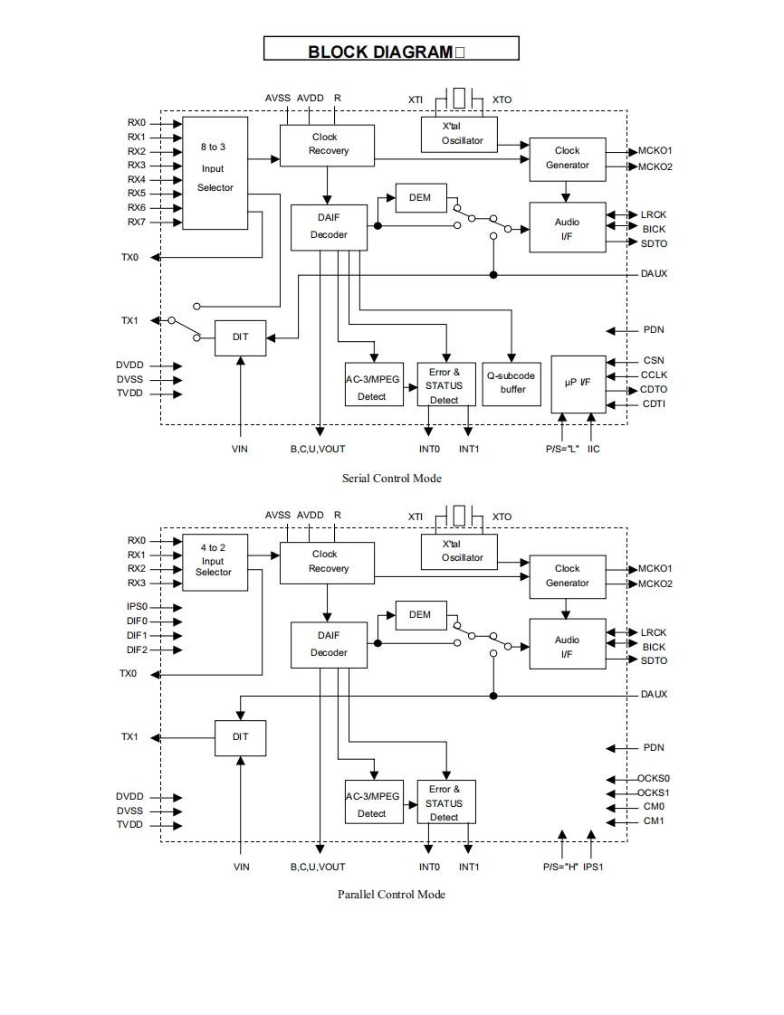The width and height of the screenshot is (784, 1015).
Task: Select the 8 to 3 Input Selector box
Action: tap(215, 172)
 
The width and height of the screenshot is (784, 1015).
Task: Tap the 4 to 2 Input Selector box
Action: tap(214, 562)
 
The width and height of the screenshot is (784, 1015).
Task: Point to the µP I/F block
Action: tap(578, 384)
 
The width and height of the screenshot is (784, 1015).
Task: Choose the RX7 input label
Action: tap(136, 222)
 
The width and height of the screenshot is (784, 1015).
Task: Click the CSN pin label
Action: tap(654, 360)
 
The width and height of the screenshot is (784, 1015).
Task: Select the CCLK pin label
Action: tap(655, 375)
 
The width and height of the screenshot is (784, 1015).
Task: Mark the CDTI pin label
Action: tap(654, 403)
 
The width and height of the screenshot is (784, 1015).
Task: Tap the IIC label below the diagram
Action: tap(593, 449)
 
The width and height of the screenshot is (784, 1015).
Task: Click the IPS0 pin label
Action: tap(137, 607)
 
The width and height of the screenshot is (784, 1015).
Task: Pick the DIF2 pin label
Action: tap(137, 650)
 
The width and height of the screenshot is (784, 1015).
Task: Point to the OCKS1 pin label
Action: tap(654, 792)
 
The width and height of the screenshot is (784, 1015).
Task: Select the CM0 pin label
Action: tap(654, 807)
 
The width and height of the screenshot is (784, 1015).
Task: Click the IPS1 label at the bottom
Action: tap(593, 867)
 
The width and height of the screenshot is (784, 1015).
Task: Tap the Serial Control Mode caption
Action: tap(391, 478)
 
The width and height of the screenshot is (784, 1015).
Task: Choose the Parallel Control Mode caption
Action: tap(391, 894)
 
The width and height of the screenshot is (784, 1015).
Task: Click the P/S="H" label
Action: tap(560, 867)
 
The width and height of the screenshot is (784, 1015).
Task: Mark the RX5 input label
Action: tap(136, 194)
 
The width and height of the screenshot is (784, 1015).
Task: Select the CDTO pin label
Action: tap(654, 389)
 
